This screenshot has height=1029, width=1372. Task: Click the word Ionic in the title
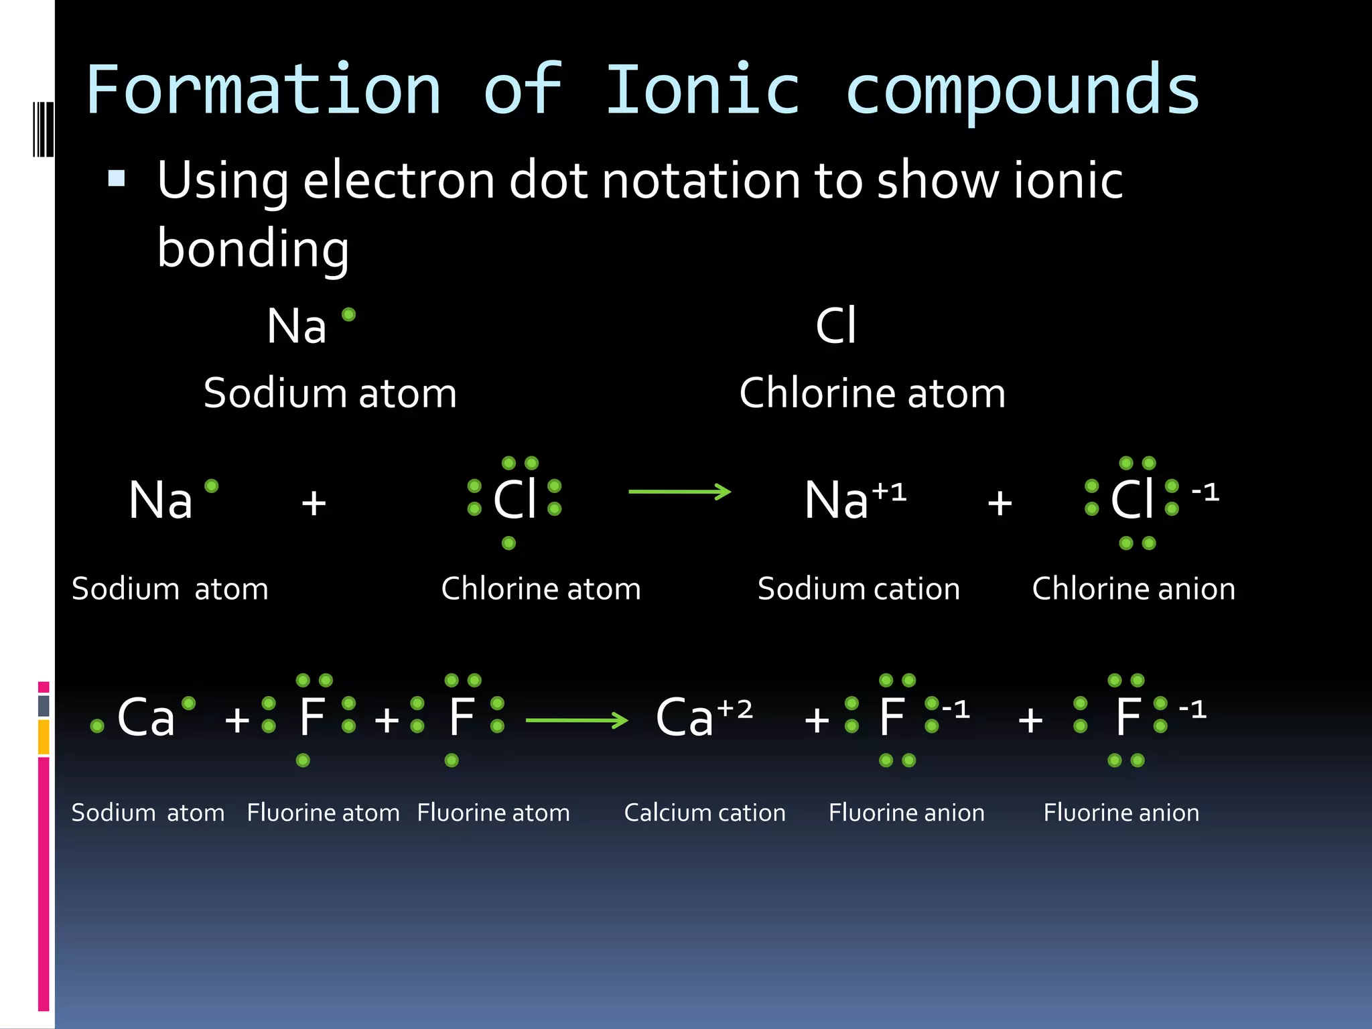(x=703, y=90)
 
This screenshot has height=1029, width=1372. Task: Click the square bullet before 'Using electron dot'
(x=117, y=178)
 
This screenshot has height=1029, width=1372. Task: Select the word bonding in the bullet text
(x=253, y=249)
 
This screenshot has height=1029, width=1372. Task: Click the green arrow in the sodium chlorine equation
(x=679, y=492)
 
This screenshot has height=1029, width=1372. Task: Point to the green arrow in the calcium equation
(x=577, y=720)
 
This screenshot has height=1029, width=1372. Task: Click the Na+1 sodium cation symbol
(x=855, y=499)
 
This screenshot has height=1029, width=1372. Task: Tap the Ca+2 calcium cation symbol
(x=703, y=716)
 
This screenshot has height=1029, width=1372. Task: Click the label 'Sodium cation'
(x=858, y=589)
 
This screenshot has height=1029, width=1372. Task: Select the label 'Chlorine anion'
(x=1134, y=589)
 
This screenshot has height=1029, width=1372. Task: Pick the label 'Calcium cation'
(x=705, y=813)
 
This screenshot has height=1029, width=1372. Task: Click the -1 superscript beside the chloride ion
(x=1205, y=492)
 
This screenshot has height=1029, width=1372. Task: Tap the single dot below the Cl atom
(x=508, y=543)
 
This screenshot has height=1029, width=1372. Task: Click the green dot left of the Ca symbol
(x=97, y=726)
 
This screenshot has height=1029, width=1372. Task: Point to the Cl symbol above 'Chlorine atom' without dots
(x=835, y=326)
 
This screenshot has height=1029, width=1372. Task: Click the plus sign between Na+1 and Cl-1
(x=1000, y=502)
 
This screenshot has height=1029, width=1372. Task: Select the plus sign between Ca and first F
(x=237, y=720)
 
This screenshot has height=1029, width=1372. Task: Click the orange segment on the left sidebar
(x=44, y=737)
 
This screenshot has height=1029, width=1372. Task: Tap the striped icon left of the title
(x=43, y=129)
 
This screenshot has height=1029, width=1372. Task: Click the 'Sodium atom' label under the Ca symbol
(x=148, y=813)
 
